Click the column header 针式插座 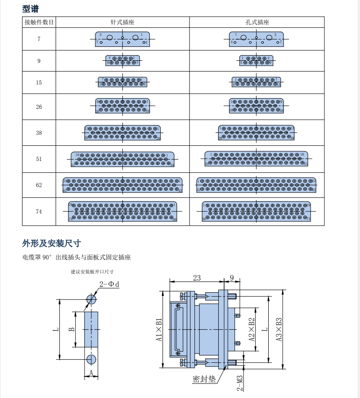pyautogui.click(x=122, y=22)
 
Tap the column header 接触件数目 pyautogui.click(x=39, y=22)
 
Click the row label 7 pyautogui.click(x=39, y=39)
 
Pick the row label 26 pyautogui.click(x=39, y=107)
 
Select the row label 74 pyautogui.click(x=39, y=211)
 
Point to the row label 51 pyautogui.click(x=39, y=159)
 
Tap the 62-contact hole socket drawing pyautogui.click(x=256, y=185)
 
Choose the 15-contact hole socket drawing pyautogui.click(x=256, y=81)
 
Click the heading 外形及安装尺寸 pyautogui.click(x=51, y=244)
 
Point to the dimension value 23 pyautogui.click(x=197, y=278)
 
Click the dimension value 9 pyautogui.click(x=232, y=278)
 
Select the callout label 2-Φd pyautogui.click(x=109, y=284)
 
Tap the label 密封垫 pyautogui.click(x=204, y=379)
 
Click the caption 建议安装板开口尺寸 pyautogui.click(x=92, y=272)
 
